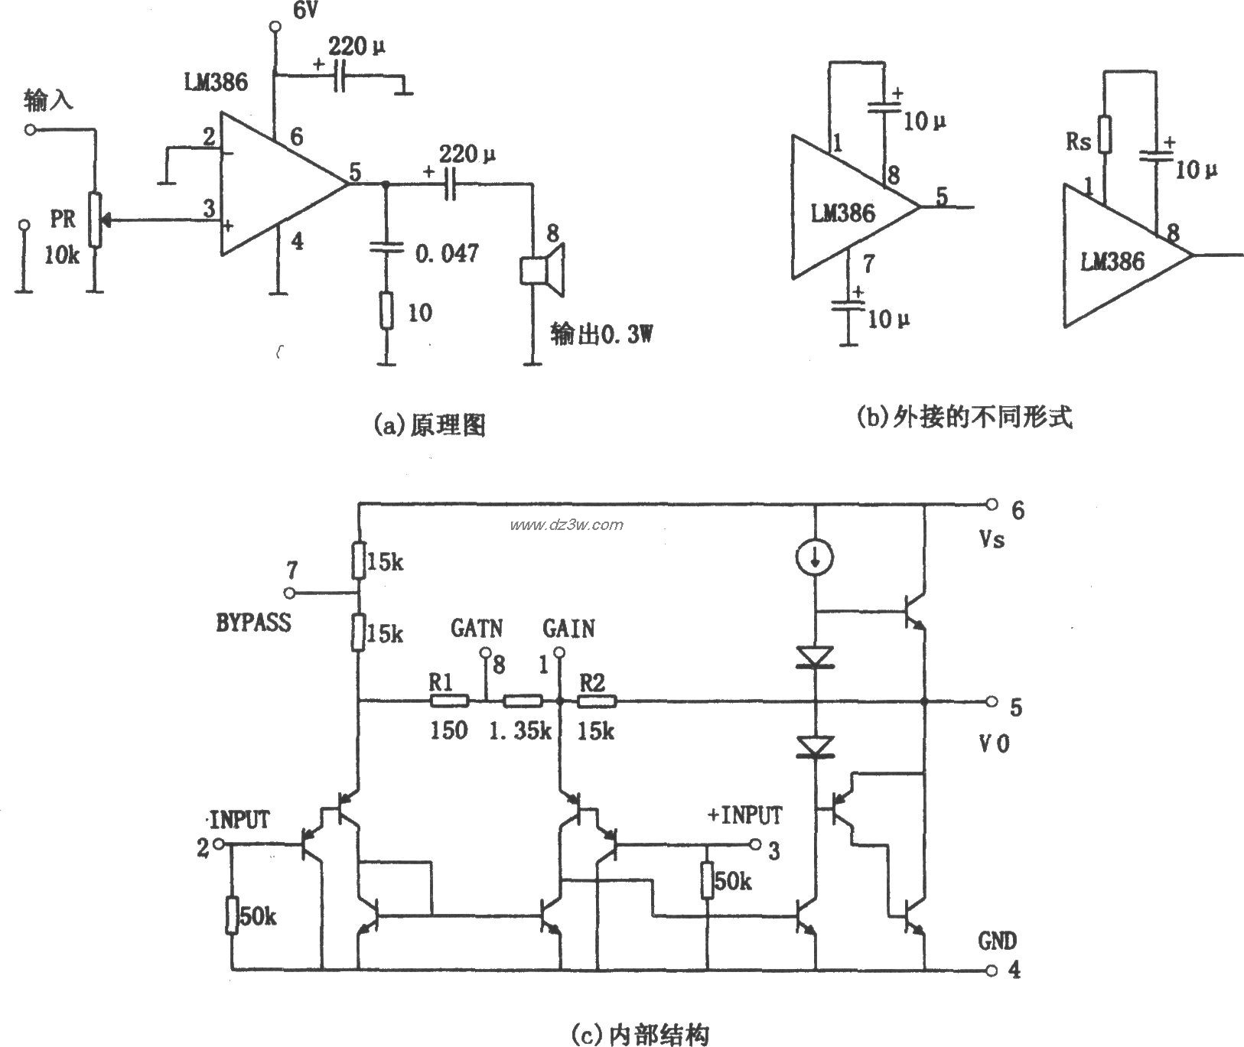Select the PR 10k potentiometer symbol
click(x=94, y=220)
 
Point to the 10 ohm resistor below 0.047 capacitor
click(x=386, y=311)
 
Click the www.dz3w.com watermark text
click(x=567, y=525)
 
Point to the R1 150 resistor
click(x=449, y=700)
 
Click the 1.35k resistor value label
click(x=520, y=730)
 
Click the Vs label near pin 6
click(x=992, y=540)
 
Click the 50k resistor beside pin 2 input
click(x=231, y=916)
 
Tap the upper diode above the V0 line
click(x=816, y=657)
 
